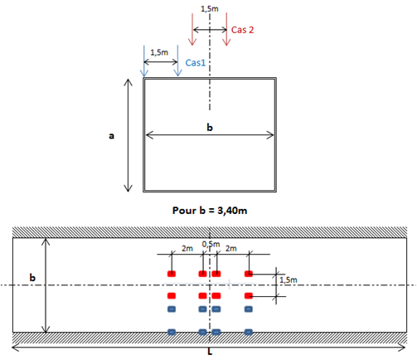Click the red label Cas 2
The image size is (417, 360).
point(242,30)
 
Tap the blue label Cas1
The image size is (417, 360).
point(196,63)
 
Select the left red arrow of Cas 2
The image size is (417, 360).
point(192,29)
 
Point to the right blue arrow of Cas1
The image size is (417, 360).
point(177,61)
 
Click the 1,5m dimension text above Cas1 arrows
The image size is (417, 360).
point(159,52)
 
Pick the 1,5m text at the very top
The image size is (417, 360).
point(210,9)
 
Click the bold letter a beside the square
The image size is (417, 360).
point(111,136)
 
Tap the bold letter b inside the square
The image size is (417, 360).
point(210,127)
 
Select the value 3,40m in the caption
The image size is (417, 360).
point(232,211)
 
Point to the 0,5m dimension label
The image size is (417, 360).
point(211,244)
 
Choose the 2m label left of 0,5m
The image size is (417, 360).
point(187,249)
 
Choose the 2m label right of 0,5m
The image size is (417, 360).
point(231,249)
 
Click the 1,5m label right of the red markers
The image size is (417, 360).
point(289,280)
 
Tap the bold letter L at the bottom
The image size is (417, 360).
point(210,352)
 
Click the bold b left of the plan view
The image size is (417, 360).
point(32,277)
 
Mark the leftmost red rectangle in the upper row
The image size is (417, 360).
point(172,274)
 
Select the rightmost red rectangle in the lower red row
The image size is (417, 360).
point(249,296)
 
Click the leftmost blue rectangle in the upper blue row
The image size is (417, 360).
point(172,309)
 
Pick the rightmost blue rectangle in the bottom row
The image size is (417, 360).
point(249,332)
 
